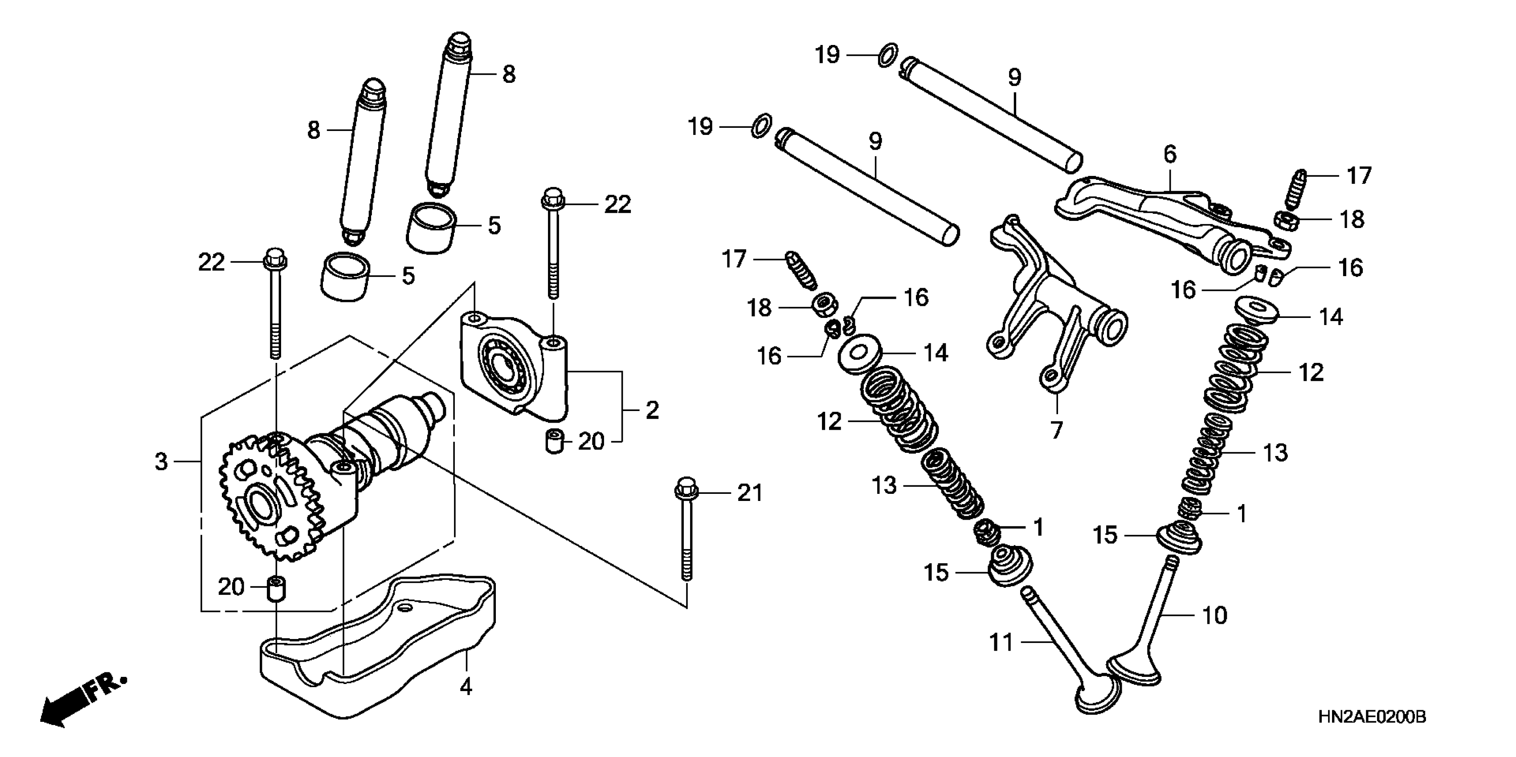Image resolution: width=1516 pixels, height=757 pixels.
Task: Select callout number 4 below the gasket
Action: pos(466,686)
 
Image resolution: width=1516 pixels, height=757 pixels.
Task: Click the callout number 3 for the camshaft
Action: pos(161,462)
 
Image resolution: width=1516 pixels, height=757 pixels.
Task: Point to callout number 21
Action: pos(750,493)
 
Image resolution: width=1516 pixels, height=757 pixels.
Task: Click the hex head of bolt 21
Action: pos(686,488)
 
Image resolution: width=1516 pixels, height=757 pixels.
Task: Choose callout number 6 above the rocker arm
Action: pos(1169,154)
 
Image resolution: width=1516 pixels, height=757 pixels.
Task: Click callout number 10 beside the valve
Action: pos(1214,616)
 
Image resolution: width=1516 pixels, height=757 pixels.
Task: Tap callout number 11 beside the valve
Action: pos(1001,642)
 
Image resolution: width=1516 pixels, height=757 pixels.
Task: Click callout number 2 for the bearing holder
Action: pos(651,411)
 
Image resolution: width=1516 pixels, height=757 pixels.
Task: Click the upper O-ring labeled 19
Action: pos(887,55)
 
